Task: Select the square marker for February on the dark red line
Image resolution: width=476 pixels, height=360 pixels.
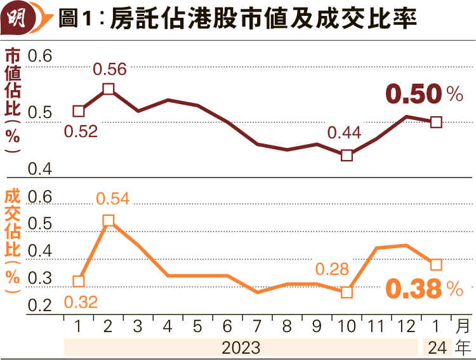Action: tap(109, 89)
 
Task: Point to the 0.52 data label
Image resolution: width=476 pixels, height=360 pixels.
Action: tap(81, 131)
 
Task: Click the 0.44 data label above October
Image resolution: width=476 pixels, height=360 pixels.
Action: tap(344, 133)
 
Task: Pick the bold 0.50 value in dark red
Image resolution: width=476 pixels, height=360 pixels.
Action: tap(413, 95)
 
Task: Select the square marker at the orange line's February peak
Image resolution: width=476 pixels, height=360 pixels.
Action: tap(109, 220)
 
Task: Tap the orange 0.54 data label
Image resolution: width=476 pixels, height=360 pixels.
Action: tap(113, 199)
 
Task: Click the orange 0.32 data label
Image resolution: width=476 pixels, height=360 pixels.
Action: tap(81, 302)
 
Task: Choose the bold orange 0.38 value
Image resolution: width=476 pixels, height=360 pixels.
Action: tap(413, 290)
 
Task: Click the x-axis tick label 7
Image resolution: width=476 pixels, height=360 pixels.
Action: tap(257, 327)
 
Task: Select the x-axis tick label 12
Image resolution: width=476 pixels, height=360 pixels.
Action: tap(406, 327)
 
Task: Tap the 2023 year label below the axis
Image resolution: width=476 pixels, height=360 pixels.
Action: tap(241, 347)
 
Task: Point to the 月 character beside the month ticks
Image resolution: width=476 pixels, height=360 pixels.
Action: tap(464, 327)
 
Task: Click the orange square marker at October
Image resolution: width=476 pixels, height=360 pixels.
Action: tap(347, 292)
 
